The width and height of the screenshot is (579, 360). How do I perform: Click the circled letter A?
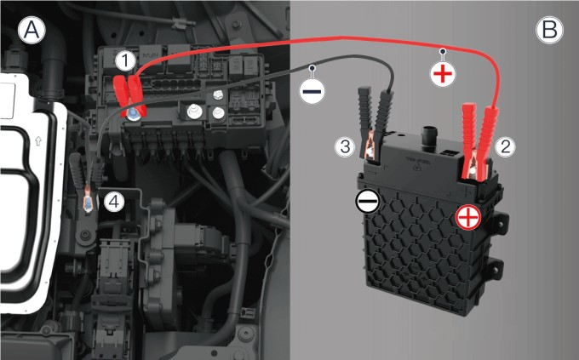click(32, 31)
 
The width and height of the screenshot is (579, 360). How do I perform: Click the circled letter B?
click(549, 30)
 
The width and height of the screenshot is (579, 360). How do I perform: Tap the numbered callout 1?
click(125, 60)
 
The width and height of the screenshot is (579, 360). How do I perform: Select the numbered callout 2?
click(505, 146)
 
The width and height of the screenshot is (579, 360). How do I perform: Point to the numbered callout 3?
click(345, 146)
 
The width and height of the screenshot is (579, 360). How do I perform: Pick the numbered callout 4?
click(114, 202)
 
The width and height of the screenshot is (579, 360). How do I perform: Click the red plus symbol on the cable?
click(443, 74)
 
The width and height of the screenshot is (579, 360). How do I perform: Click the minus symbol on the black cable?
click(312, 91)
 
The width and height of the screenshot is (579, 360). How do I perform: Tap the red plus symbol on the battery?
click(468, 217)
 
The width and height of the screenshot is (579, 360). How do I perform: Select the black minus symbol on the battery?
click(367, 202)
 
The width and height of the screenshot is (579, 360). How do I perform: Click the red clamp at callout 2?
click(479, 142)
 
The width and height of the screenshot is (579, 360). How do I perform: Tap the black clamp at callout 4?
click(87, 181)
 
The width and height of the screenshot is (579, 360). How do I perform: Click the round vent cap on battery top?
click(428, 138)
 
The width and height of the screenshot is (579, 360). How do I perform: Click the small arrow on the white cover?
click(38, 140)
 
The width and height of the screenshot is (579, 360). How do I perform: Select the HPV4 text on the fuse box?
click(151, 55)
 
